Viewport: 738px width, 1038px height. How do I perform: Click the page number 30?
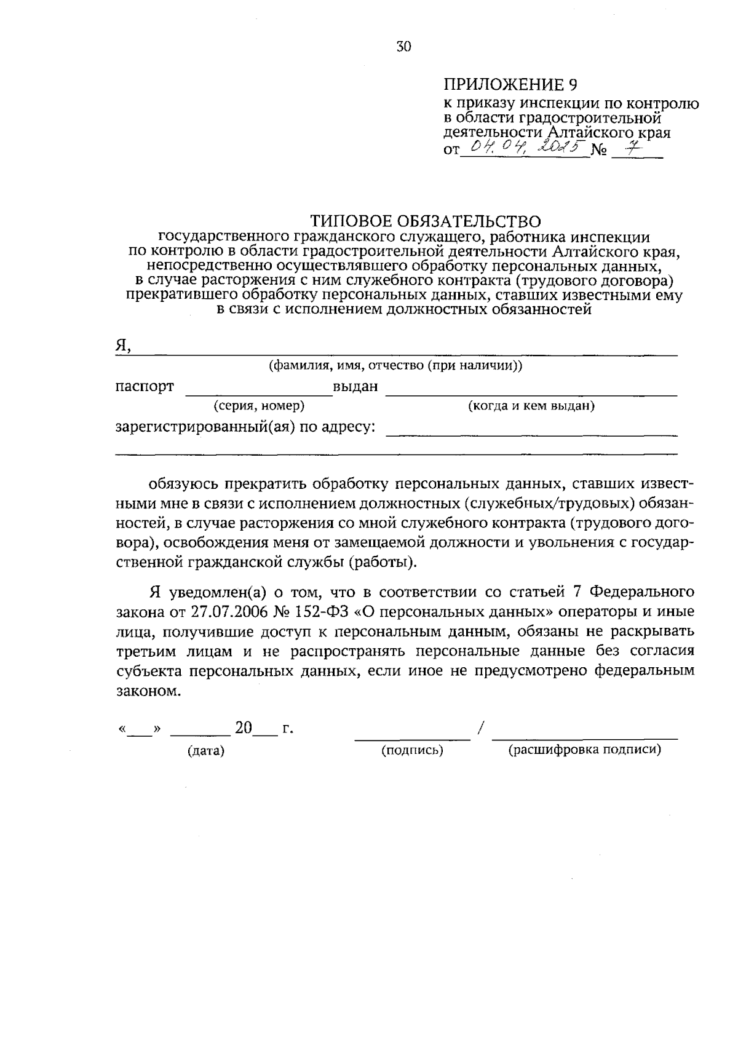pyautogui.click(x=403, y=47)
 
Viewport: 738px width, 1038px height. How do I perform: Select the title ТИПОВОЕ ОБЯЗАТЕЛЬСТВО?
pyautogui.click(x=426, y=220)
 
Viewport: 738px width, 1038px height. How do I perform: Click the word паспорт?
pyautogui.click(x=145, y=387)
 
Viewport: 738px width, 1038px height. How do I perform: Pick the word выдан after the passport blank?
pyautogui.click(x=355, y=387)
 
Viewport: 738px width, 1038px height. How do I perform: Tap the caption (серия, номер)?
pyautogui.click(x=259, y=406)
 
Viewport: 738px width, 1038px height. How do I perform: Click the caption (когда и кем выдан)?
pyautogui.click(x=531, y=406)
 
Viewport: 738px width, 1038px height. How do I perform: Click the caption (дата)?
pyautogui.click(x=206, y=751)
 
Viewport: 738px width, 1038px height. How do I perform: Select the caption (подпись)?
pyautogui.click(x=412, y=751)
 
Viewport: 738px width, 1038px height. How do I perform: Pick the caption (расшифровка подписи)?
pyautogui.click(x=584, y=750)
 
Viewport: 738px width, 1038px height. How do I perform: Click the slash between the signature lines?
pyautogui.click(x=480, y=729)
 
